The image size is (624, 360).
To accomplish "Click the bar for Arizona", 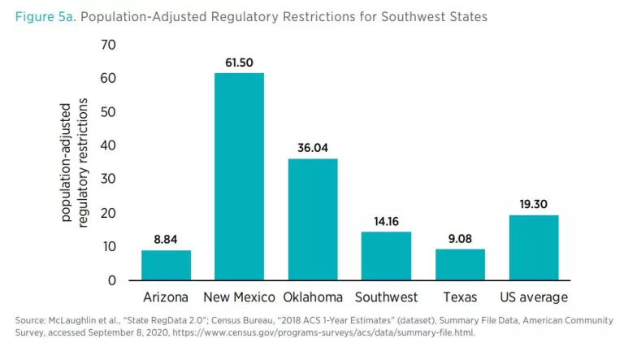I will (166, 265).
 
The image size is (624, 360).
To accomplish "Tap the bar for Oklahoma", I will (313, 219).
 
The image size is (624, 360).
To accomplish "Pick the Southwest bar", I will (386, 256).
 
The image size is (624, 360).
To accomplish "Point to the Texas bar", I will (460, 264).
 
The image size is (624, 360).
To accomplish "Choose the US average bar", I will (534, 247).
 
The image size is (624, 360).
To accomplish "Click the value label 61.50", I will (239, 63).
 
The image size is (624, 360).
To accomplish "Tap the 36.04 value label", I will (313, 148).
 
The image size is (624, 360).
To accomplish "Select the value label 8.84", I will (166, 240).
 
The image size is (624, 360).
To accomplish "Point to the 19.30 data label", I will (534, 204).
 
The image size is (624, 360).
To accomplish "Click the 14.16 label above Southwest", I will (386, 221).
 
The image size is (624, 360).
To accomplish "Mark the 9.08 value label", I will (460, 239).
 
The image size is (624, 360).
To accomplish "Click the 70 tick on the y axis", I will (109, 45).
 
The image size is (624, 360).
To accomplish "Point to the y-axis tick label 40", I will (109, 145).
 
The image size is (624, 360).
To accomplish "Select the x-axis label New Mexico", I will (239, 297).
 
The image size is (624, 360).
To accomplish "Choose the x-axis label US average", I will (534, 297).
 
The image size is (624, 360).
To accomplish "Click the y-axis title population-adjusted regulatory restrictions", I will (74, 163).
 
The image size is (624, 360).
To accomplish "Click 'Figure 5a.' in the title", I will (41, 16).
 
